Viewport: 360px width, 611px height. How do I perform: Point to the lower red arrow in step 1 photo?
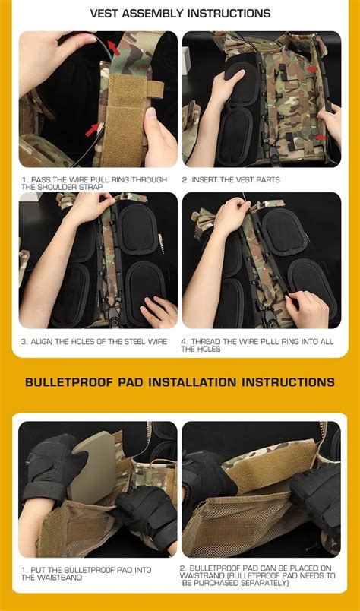tap(93, 127)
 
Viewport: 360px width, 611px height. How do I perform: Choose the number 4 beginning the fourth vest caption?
tap(183, 341)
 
